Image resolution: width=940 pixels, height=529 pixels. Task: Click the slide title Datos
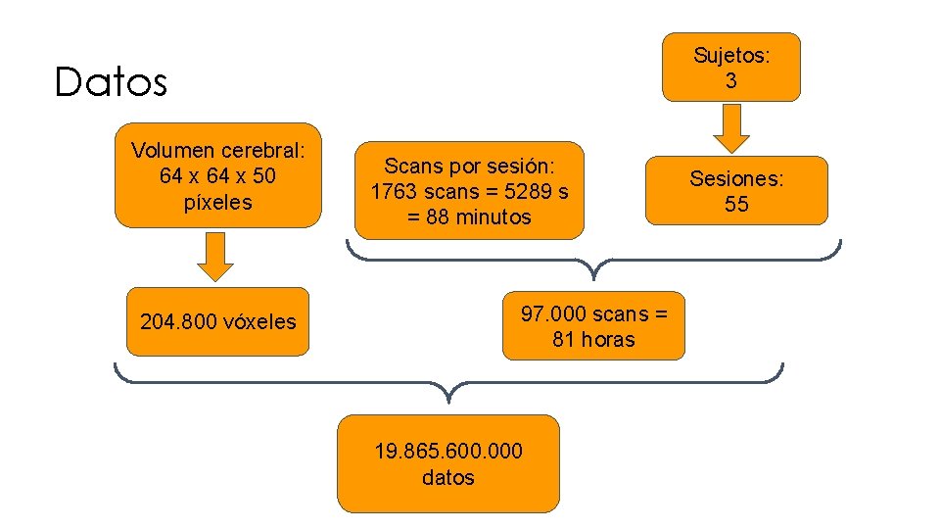coord(112,82)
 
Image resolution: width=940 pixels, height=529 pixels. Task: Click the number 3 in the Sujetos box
coord(731,80)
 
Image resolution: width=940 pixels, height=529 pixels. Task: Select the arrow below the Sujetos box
coord(730,128)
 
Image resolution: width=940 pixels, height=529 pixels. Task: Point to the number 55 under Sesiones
coord(736,204)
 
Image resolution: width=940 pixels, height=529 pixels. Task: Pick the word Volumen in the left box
coord(172,151)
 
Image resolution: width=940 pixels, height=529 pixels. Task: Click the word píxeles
coord(218,203)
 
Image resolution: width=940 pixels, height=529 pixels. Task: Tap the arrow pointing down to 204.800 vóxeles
coord(217,257)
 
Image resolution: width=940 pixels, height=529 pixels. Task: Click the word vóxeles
coord(261,321)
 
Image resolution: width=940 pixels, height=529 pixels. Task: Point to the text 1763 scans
coord(424,191)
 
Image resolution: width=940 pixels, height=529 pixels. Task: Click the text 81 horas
coord(593,340)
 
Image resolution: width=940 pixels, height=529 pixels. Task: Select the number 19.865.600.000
coord(448,451)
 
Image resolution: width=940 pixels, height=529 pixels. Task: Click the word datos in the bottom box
coord(448,477)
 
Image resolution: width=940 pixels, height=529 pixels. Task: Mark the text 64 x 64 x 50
coord(217,176)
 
